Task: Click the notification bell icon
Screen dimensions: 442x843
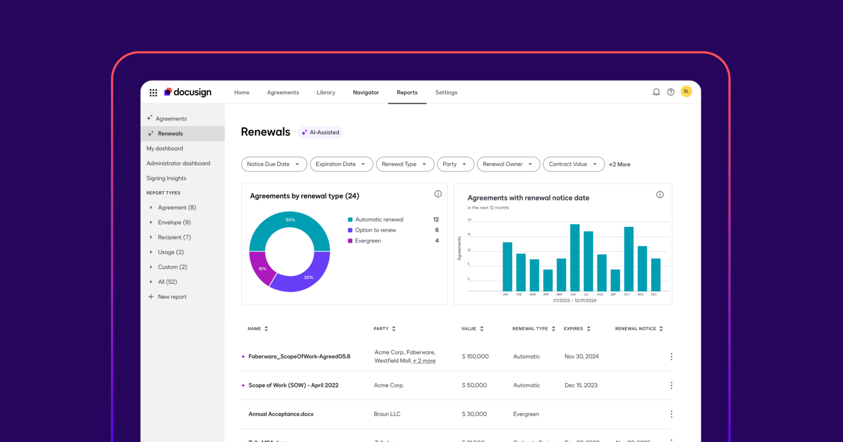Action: (x=656, y=92)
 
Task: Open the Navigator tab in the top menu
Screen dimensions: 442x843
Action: (x=366, y=92)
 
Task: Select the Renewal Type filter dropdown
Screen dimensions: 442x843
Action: (x=404, y=164)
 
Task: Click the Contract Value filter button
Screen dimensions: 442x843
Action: (x=573, y=164)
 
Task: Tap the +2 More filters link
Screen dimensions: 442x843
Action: (x=620, y=165)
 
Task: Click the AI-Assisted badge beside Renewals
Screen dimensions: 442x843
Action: (x=321, y=133)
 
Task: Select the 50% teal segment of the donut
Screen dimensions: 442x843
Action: (x=290, y=221)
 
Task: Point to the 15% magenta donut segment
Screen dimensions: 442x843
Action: (x=261, y=269)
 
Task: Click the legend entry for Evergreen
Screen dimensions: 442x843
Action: (x=368, y=241)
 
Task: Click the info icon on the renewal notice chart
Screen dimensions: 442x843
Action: (x=659, y=194)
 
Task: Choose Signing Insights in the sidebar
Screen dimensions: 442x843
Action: (x=166, y=178)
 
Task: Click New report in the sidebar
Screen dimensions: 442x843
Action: (x=172, y=297)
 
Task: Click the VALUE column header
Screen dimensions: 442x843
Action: (x=469, y=329)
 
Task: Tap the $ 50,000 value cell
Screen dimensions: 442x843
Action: (x=474, y=385)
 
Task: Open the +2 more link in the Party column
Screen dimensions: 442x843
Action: (x=424, y=361)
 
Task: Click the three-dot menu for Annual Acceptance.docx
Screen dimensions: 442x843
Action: (x=671, y=414)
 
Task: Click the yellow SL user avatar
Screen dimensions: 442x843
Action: (x=686, y=92)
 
